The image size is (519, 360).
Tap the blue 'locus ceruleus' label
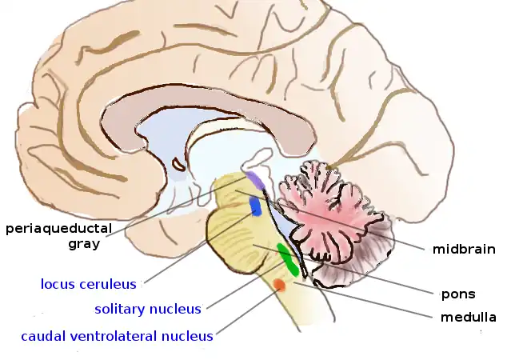tap(88, 283)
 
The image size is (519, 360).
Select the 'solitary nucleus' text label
tap(148, 309)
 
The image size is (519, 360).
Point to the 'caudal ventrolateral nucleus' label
tap(117, 336)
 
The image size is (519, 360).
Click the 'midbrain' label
tap(464, 249)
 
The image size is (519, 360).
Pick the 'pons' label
tap(458, 294)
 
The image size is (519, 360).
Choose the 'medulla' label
tap(468, 318)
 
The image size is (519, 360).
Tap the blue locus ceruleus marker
tap(256, 206)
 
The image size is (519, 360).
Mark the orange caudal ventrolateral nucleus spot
tap(279, 285)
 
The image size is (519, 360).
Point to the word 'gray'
tap(84, 244)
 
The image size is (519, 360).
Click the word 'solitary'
tap(122, 309)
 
